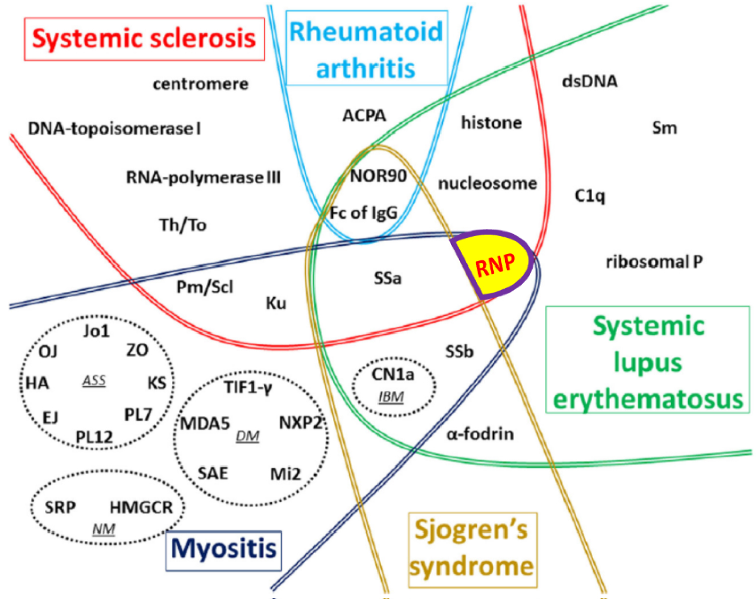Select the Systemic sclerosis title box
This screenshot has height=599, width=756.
point(144,39)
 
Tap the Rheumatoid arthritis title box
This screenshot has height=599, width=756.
point(366,48)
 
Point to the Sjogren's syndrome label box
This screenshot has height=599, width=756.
point(472,550)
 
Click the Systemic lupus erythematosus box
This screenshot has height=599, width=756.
point(648,360)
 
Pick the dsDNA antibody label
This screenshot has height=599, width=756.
point(590,81)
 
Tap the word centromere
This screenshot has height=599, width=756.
point(201,84)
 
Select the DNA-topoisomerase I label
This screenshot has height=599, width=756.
point(114,129)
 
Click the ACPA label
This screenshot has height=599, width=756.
point(364,116)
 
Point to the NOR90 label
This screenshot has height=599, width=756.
point(379,176)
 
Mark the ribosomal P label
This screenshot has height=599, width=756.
point(654,262)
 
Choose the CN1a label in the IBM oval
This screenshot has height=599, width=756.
point(393,374)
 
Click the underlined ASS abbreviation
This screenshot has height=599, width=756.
point(94,381)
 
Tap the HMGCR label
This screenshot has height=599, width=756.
point(141,507)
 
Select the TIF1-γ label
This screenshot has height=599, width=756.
point(248,387)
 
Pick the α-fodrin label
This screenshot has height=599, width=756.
point(480,434)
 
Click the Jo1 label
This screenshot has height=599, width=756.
point(96,331)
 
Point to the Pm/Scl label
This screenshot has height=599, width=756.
point(205,287)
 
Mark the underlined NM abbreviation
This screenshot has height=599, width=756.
point(104,529)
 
